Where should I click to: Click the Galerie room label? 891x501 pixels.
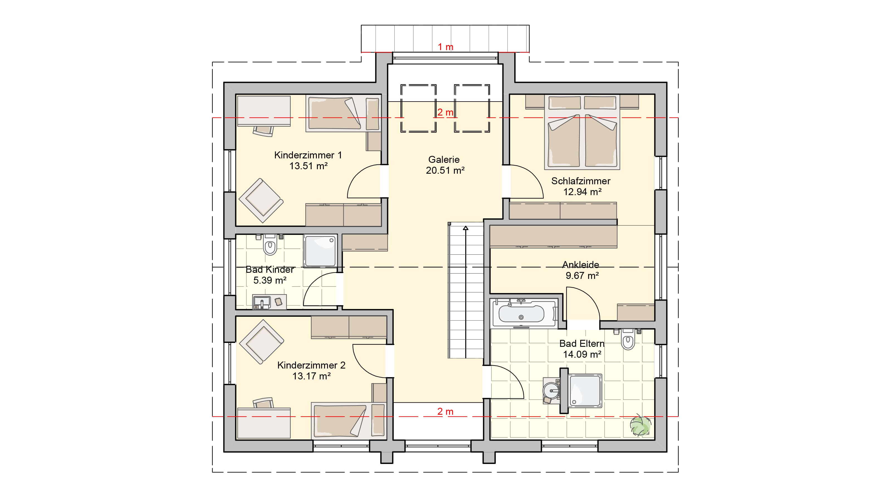tap(444, 159)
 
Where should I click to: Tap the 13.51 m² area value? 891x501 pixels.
tap(308, 166)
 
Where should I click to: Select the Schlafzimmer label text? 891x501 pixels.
tap(581, 181)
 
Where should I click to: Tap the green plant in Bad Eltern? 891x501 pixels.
tap(640, 425)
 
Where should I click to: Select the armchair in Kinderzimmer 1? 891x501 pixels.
tap(261, 200)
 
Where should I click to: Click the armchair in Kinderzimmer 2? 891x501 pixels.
tap(261, 342)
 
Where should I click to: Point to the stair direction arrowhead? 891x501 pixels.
tap(466, 228)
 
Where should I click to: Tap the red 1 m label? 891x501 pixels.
tap(445, 47)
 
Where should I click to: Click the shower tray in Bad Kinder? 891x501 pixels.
tap(320, 251)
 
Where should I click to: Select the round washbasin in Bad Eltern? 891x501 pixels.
tap(551, 391)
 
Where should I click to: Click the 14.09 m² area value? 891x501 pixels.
tap(582, 354)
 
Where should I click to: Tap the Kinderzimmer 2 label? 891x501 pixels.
tap(311, 365)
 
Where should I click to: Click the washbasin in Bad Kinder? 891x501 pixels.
tap(262, 302)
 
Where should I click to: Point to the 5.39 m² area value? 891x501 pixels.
tap(270, 280)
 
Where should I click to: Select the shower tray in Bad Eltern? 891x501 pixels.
tap(585, 391)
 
